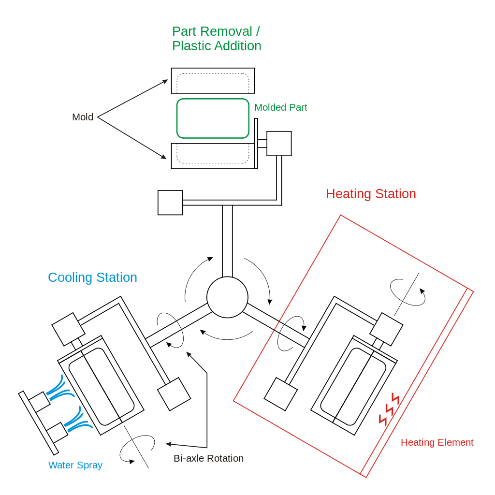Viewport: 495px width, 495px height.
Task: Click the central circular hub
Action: point(227,297)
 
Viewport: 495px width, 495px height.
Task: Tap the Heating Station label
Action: point(371,194)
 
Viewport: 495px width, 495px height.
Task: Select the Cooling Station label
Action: point(92,277)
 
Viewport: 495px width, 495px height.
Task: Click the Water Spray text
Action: point(75,466)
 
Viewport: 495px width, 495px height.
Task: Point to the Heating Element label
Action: point(437,442)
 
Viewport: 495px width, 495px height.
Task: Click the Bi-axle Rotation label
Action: point(208,458)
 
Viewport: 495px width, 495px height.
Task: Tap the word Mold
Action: point(83,117)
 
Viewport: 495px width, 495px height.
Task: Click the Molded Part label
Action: point(280,107)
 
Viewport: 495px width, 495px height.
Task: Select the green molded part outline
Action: point(213,118)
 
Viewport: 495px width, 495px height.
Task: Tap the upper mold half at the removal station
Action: point(212,80)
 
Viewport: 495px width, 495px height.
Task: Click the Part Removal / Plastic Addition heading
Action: point(217,39)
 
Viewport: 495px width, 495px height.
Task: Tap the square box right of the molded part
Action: point(279,144)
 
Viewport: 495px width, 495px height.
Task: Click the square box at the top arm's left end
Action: point(170,203)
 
